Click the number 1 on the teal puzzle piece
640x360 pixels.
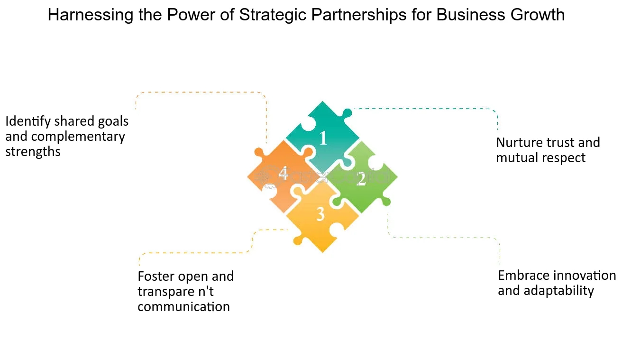[323, 138]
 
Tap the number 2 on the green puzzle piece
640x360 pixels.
[361, 179]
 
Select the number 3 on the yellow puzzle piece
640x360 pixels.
[320, 214]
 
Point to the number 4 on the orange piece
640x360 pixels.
[283, 173]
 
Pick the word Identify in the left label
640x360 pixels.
[28, 121]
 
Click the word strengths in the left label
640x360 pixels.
[33, 152]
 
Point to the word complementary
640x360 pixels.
[78, 137]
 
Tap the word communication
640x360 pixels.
[183, 306]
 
